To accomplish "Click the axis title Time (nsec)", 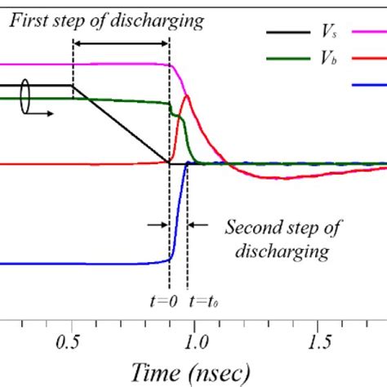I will (x=195, y=371).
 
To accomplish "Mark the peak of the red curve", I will (x=187, y=96).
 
